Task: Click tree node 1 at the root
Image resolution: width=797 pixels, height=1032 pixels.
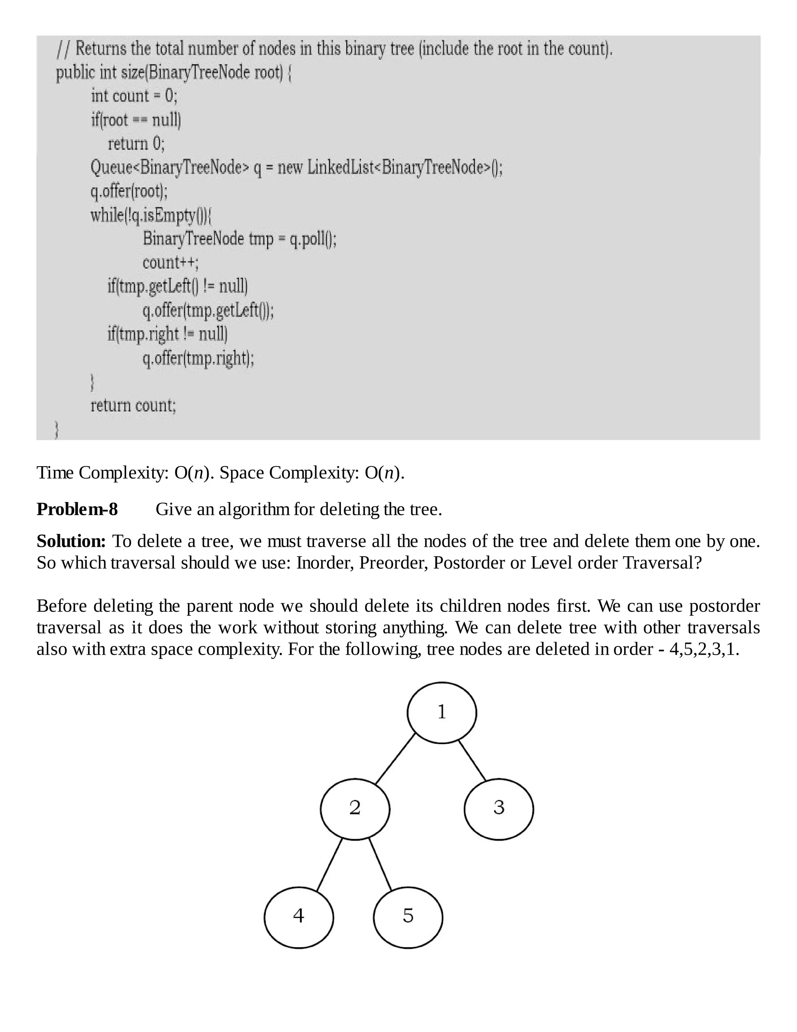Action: [441, 712]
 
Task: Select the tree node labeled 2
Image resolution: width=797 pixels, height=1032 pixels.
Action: [355, 808]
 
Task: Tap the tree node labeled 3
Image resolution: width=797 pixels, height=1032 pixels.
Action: [499, 808]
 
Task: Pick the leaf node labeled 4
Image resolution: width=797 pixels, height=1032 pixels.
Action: [298, 917]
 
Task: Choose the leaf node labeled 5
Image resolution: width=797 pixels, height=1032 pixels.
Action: [408, 917]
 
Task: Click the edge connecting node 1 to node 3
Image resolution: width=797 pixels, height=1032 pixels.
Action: [472, 761]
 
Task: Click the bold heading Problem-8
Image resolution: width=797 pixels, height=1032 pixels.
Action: [77, 509]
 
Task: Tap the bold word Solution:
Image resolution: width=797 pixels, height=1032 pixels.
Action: [71, 541]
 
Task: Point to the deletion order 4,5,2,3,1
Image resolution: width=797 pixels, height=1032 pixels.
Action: [704, 649]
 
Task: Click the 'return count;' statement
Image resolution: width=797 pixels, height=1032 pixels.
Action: [133, 405]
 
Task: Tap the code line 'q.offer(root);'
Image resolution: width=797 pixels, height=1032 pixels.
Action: [129, 191]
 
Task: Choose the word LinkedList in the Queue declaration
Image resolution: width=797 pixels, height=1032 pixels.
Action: [341, 167]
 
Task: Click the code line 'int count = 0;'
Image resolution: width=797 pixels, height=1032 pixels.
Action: [134, 96]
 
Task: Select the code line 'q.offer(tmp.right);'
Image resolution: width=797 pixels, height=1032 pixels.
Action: [198, 359]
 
